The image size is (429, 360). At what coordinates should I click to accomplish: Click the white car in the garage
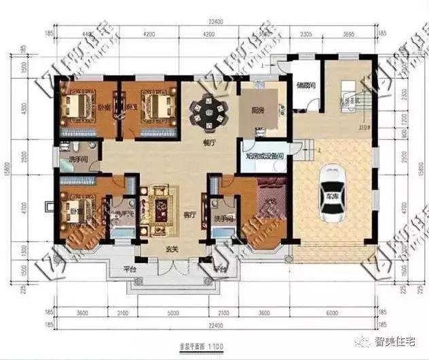click(x=333, y=193)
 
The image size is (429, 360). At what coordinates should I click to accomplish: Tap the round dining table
click(x=205, y=111)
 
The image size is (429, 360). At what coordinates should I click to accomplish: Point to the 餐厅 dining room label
click(x=208, y=143)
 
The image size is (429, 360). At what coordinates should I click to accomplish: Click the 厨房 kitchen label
click(x=257, y=110)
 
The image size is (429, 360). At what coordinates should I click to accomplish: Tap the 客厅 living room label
click(x=190, y=214)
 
